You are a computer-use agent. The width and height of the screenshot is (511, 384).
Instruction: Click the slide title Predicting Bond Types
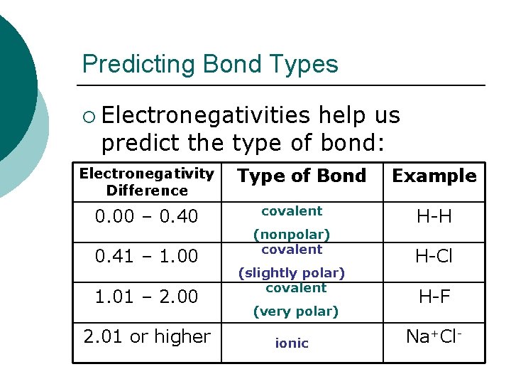[x=210, y=65]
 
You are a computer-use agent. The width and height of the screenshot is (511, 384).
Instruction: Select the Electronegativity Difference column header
[x=147, y=181]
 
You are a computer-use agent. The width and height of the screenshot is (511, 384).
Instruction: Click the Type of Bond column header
[x=302, y=176]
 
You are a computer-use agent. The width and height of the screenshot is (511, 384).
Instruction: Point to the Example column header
[x=434, y=176]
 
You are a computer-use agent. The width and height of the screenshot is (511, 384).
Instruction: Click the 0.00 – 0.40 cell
[x=147, y=216]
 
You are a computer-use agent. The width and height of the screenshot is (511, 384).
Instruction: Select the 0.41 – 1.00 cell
[x=147, y=256]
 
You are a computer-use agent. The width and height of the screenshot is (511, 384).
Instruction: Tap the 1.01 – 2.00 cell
[x=147, y=296]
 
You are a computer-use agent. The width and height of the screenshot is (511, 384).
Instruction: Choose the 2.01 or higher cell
[x=147, y=336]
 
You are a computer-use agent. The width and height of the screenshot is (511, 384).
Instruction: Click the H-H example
[x=435, y=216]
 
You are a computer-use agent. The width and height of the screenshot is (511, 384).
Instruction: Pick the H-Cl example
[x=435, y=256]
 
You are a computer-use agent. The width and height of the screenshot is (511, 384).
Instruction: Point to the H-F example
[x=435, y=296]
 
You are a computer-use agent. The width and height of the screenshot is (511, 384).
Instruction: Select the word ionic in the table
[x=292, y=343]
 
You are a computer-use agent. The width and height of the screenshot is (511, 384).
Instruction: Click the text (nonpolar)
[x=292, y=233]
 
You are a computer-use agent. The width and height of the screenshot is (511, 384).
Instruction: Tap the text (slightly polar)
[x=292, y=272]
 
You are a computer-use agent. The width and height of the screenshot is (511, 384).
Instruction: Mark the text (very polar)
[x=296, y=311]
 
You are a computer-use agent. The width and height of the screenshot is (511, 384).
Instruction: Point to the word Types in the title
[x=307, y=65]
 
